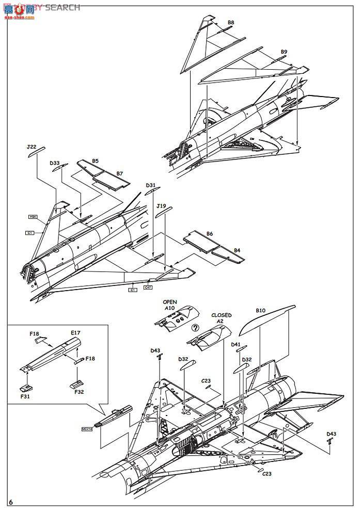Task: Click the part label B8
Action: coord(231,23)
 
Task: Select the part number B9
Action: coord(284,52)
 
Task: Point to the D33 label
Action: coord(55,163)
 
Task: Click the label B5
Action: coord(96,161)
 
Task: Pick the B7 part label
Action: coord(120,173)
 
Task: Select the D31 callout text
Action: coord(150,185)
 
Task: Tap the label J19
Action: coord(161,205)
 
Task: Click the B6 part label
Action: coord(210,234)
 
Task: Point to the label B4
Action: coord(237,250)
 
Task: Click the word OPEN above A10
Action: coord(170,301)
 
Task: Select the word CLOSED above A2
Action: coord(221,315)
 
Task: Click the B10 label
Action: coord(260,311)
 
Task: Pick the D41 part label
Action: coord(236,344)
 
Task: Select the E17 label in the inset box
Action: coord(75,333)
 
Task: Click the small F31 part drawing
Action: coord(25,387)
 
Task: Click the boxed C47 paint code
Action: coord(148,288)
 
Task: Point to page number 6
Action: coord(11,502)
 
